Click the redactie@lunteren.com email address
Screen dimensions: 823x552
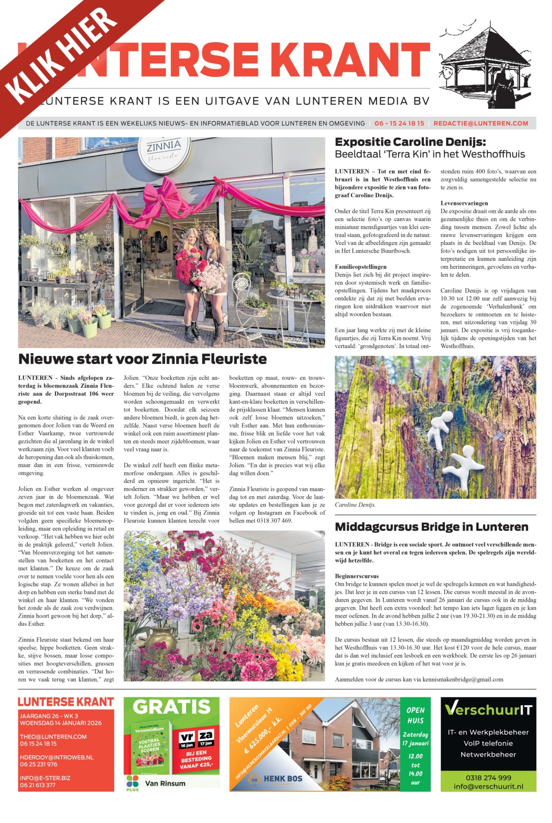point(480,123)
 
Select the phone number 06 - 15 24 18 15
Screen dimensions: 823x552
point(399,123)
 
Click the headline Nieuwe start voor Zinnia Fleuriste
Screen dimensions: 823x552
point(142,359)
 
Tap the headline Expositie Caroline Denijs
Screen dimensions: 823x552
point(410,142)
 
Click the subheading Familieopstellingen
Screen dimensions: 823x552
point(360,267)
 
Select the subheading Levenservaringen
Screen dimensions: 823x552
point(464,203)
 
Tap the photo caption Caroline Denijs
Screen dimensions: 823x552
point(355,505)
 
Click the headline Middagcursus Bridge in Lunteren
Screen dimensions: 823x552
point(431,527)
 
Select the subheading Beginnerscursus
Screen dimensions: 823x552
point(357,576)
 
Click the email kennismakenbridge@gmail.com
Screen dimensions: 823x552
point(462,679)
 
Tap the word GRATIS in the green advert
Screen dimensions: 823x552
point(171,707)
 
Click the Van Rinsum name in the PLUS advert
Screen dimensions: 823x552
point(165,784)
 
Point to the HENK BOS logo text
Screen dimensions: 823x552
point(283,778)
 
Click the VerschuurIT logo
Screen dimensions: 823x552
point(488,710)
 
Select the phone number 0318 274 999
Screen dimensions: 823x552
point(488,778)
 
